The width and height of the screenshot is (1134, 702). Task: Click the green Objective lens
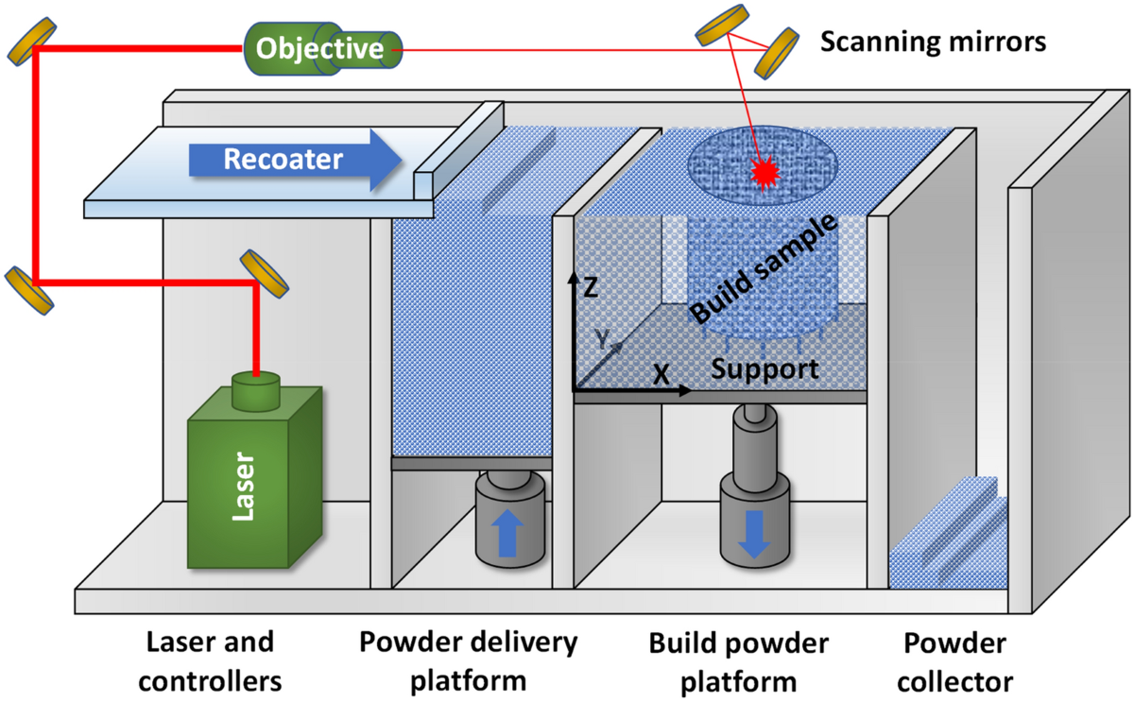323,49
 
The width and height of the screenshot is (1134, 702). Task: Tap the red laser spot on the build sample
765,173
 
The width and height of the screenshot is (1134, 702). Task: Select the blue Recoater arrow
296,160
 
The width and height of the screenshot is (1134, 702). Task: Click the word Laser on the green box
243,487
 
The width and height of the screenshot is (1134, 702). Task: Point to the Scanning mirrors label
933,42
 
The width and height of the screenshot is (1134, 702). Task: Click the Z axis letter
591,287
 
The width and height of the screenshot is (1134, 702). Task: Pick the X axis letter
661,375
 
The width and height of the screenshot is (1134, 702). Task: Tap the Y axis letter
602,338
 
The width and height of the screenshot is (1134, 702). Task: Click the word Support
765,369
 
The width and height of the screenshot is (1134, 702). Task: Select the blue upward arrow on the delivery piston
507,533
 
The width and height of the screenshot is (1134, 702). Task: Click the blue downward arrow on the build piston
754,535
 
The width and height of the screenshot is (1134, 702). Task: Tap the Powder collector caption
954,662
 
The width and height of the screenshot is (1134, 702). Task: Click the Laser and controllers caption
210,661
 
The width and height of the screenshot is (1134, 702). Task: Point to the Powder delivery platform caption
469,662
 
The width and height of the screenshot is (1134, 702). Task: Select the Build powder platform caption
739,662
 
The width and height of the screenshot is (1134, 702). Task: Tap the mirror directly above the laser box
265,273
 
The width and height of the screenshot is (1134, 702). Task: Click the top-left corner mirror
31,42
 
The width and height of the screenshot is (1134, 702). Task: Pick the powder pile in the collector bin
948,535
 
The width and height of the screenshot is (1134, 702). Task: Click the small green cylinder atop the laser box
256,390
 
